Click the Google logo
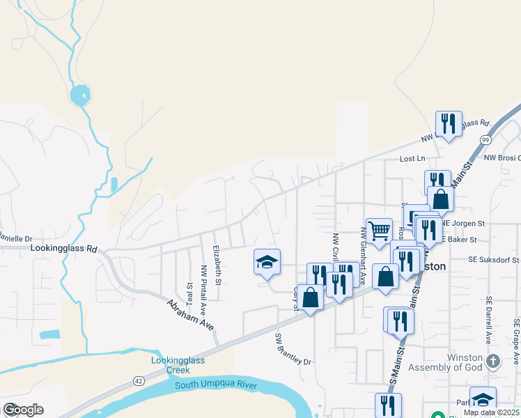(23, 410)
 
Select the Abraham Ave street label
(189, 316)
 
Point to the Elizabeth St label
(217, 265)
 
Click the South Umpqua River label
(216, 385)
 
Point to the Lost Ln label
(412, 159)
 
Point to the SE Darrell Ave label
(490, 320)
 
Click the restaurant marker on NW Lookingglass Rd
(449, 124)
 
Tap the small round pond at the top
(80, 95)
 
